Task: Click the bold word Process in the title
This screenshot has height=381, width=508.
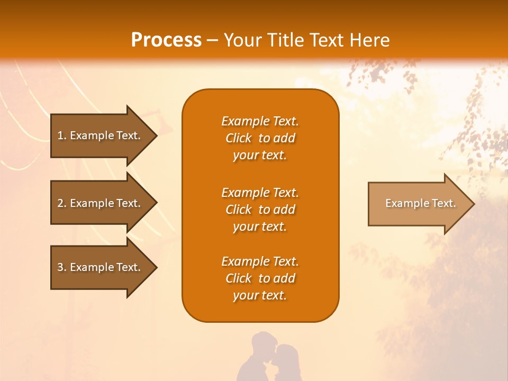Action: pos(166,40)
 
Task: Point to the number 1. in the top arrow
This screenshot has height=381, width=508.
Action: pos(62,135)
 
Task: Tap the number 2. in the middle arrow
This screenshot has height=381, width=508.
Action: pos(62,203)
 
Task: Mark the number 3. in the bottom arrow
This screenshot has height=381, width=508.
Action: pos(62,267)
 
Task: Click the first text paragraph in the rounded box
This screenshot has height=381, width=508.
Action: pos(260,138)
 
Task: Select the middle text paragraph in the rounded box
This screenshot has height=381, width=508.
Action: pos(260,210)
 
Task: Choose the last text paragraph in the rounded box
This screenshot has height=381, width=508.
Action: pos(260,278)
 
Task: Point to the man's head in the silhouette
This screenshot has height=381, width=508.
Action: pos(261,344)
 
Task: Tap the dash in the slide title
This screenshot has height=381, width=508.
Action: pos(212,41)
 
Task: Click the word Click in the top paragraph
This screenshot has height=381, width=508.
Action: pos(239,138)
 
